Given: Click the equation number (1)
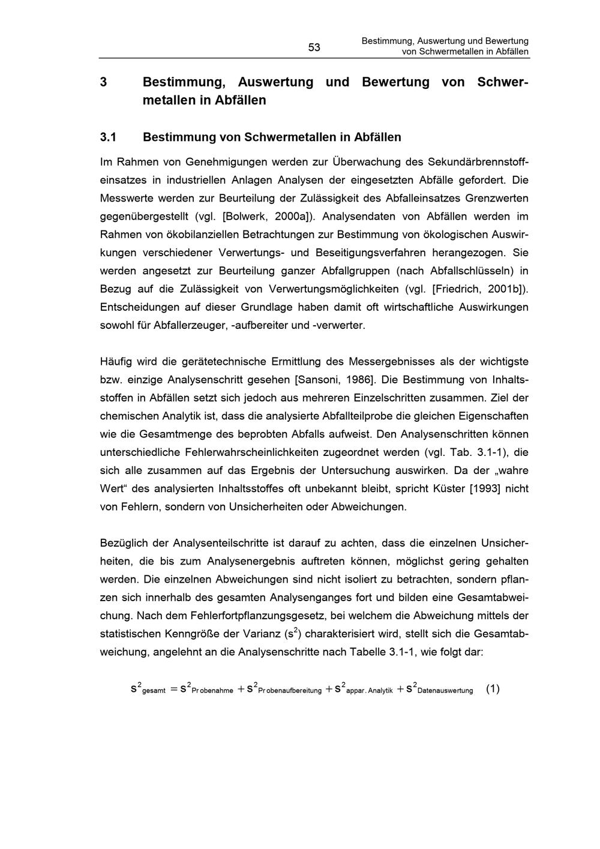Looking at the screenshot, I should click(x=492, y=689).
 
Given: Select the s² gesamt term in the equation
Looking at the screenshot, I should click(x=148, y=689).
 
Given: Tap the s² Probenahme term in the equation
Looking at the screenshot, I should click(x=206, y=689).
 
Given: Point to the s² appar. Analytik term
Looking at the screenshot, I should click(x=364, y=689).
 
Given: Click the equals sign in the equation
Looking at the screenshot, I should click(x=173, y=689).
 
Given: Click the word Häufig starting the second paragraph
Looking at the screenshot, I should click(x=116, y=361).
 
